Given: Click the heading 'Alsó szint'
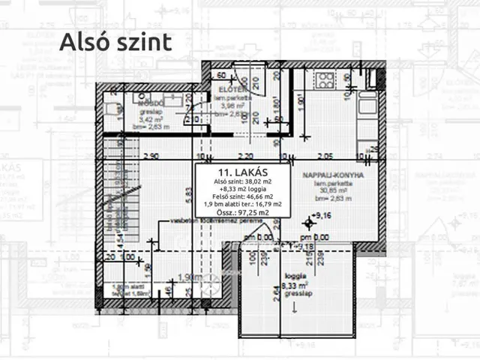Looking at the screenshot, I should [x=116, y=41].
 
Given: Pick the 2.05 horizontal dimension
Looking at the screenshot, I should [x=324, y=156].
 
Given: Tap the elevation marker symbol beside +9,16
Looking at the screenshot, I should [x=307, y=223].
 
